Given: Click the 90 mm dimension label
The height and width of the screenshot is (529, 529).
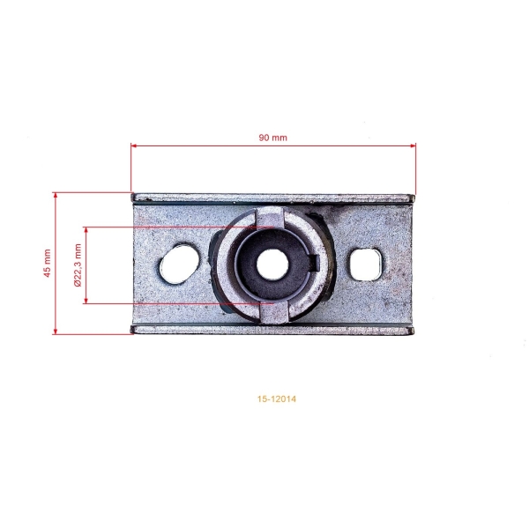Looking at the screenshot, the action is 273,138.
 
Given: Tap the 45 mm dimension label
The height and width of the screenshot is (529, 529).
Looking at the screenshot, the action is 48,263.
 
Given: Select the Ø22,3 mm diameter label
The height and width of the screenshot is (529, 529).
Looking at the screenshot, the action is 78,265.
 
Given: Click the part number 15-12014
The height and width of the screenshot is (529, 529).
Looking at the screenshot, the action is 277,399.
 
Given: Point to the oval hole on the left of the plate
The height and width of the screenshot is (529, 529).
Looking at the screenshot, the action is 179,264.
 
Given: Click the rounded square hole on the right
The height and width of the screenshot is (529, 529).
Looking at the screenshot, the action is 366,264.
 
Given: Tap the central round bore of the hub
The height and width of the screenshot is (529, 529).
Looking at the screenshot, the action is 272,264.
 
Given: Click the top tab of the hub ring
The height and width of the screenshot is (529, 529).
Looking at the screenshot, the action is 269,217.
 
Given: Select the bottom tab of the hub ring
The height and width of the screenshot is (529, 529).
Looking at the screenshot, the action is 274,312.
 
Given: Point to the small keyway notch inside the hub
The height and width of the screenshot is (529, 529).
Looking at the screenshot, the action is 315,262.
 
